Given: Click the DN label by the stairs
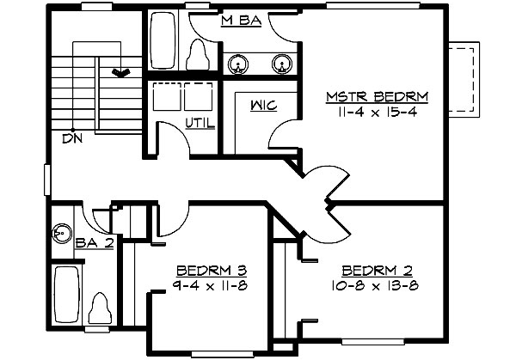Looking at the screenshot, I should pyautogui.click(x=68, y=137).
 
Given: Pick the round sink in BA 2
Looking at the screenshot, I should pyautogui.click(x=61, y=230).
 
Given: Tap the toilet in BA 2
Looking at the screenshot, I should pyautogui.click(x=100, y=308).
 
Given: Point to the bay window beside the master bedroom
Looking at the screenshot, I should pyautogui.click(x=465, y=82).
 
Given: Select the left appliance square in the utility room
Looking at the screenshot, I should pyautogui.click(x=164, y=98).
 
